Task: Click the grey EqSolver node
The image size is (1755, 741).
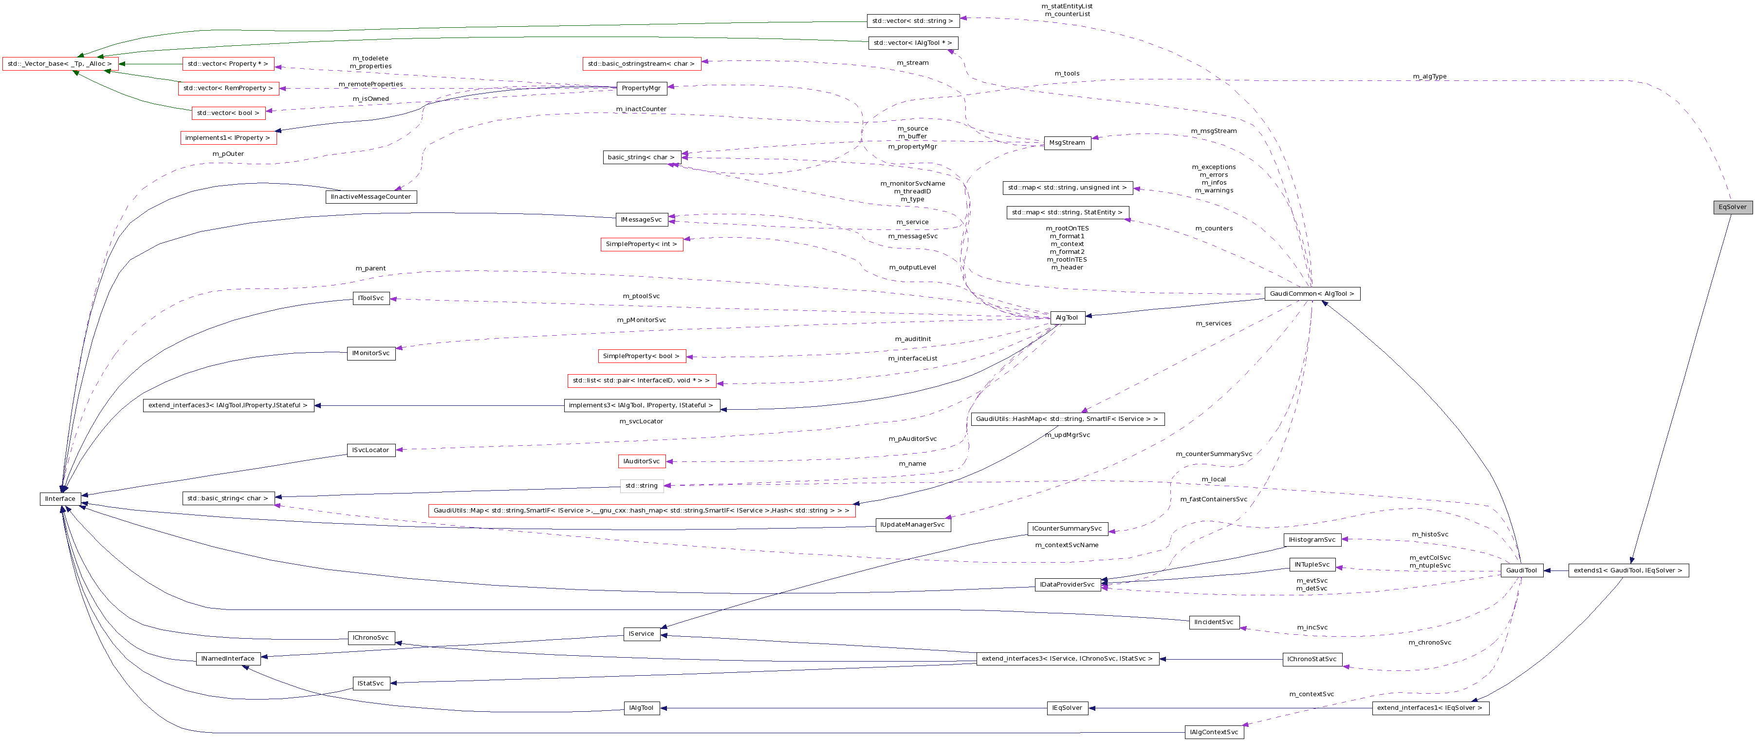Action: click(1732, 207)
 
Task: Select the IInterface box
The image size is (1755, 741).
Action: click(60, 499)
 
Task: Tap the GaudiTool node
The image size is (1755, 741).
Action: click(1521, 570)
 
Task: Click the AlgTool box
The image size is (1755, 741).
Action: click(1067, 318)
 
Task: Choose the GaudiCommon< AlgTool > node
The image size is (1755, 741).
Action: click(1312, 294)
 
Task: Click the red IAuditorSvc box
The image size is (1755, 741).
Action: click(641, 461)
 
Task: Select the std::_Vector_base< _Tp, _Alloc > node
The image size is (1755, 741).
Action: click(60, 64)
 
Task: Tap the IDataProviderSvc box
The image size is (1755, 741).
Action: click(1067, 585)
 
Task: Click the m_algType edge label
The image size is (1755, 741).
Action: click(1429, 76)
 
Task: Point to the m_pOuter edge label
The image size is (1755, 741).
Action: click(227, 154)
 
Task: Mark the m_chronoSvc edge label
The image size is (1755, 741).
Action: click(1429, 643)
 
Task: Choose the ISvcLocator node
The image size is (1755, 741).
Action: click(370, 451)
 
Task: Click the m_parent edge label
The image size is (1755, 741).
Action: click(370, 268)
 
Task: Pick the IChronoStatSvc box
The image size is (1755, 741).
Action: click(1312, 660)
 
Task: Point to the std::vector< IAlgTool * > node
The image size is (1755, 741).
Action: click(912, 43)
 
